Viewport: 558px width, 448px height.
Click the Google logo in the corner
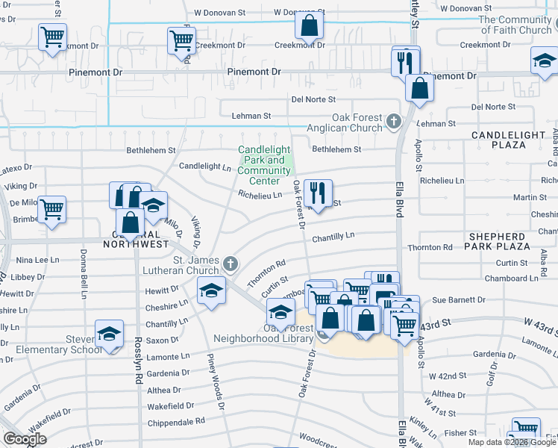pos(24,439)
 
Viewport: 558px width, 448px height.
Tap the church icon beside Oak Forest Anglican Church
pos(395,120)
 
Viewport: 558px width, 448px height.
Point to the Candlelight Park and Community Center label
pos(264,165)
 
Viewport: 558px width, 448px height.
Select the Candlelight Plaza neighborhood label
pos(514,140)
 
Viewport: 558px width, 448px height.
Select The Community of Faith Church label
pos(515,25)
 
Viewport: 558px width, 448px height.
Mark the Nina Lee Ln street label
pos(37,260)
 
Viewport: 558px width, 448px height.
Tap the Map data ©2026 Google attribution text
pos(511,442)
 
